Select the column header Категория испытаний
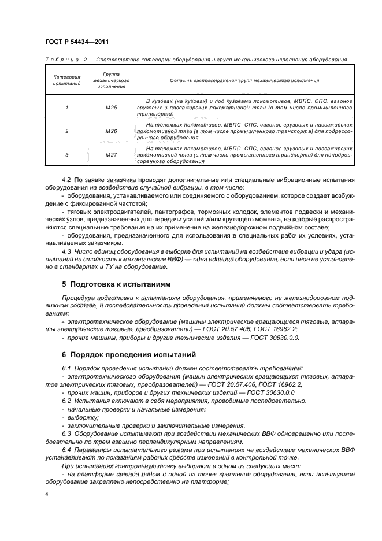pos(66,80)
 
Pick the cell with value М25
pos(111,108)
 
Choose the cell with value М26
pos(111,131)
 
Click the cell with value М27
pos(111,155)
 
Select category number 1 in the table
pos(66,108)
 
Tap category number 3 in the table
pos(66,155)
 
